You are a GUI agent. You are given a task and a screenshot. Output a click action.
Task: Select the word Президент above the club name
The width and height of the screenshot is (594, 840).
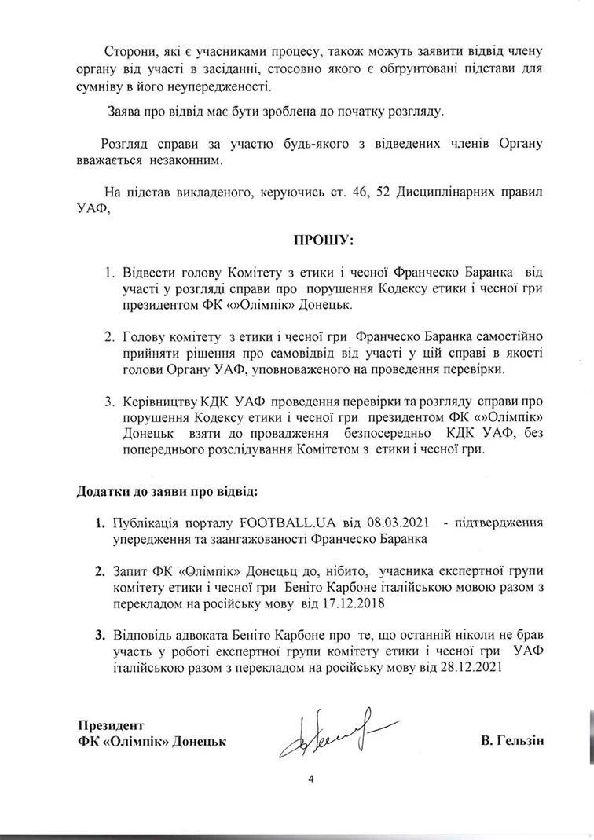tap(110, 724)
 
